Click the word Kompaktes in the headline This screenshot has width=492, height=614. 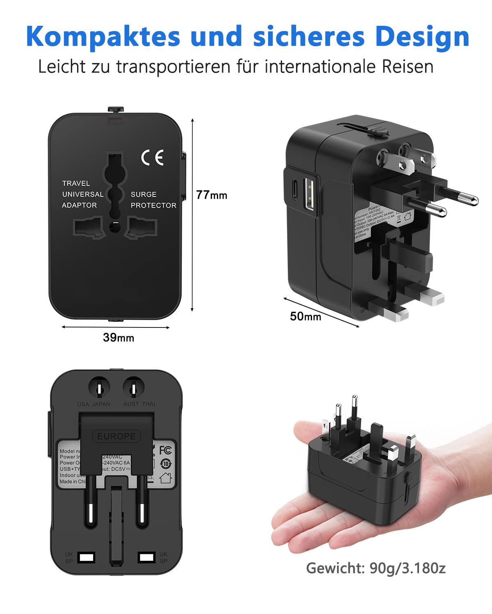click(103, 37)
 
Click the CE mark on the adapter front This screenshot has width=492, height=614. click(153, 157)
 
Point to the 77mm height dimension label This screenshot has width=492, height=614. click(211, 195)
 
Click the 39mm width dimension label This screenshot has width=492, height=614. click(118, 337)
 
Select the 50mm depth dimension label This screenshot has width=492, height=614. click(305, 316)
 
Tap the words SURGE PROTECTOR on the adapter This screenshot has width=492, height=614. click(153, 200)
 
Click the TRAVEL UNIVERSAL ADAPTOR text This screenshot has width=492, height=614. click(82, 194)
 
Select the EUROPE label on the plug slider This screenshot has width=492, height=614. click(116, 436)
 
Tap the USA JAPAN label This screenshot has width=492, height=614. click(94, 404)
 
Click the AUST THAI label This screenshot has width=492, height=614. click(139, 404)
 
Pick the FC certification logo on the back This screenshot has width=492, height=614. click(165, 450)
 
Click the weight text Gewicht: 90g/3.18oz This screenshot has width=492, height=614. click(376, 568)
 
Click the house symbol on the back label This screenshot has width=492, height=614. click(165, 478)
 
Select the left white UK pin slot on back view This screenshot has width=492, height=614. click(87, 557)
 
